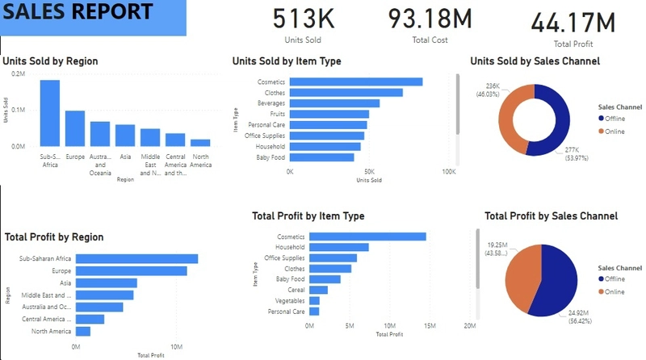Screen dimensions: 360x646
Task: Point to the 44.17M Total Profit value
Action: (573, 22)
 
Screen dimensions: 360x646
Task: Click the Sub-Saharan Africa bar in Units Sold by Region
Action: (50, 113)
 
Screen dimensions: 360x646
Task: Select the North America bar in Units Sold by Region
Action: (200, 142)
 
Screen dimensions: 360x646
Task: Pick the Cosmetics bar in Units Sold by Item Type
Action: (356, 82)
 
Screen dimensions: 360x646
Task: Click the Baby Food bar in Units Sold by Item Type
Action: (322, 157)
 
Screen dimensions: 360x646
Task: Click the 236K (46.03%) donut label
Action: (492, 90)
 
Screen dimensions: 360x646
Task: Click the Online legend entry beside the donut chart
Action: (615, 131)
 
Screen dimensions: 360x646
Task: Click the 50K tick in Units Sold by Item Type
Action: (369, 171)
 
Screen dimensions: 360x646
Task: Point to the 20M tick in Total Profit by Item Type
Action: (469, 326)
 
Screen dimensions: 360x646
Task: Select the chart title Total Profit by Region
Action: (54, 237)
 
